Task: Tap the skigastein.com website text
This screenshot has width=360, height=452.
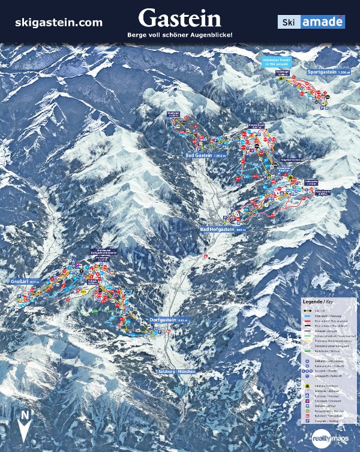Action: [59, 22]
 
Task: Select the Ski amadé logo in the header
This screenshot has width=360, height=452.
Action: [311, 22]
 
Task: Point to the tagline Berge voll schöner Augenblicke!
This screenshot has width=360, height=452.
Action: [179, 35]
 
